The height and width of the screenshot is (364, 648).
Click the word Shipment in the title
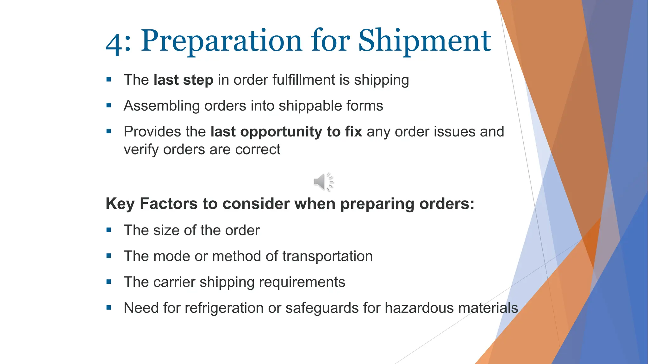click(x=424, y=41)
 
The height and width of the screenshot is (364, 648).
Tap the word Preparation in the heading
click(x=221, y=41)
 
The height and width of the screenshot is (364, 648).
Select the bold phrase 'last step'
click(x=183, y=80)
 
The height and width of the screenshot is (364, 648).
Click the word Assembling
click(x=161, y=106)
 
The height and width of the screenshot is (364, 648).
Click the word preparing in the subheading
click(x=377, y=204)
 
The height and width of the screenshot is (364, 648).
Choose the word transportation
click(x=327, y=256)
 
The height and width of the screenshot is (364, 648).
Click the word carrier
click(x=174, y=282)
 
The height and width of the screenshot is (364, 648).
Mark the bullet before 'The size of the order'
click(x=109, y=230)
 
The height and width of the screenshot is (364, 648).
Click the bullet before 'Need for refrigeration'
click(x=109, y=307)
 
